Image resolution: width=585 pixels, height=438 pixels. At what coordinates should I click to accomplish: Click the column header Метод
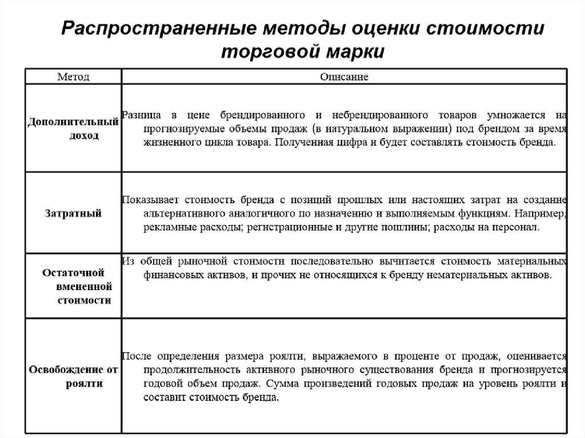tap(73, 77)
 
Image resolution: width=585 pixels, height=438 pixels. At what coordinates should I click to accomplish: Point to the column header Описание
tap(344, 77)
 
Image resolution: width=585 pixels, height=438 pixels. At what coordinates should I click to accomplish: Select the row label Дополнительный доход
tap(73, 129)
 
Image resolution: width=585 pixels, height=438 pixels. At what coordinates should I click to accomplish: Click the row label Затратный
tap(73, 214)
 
